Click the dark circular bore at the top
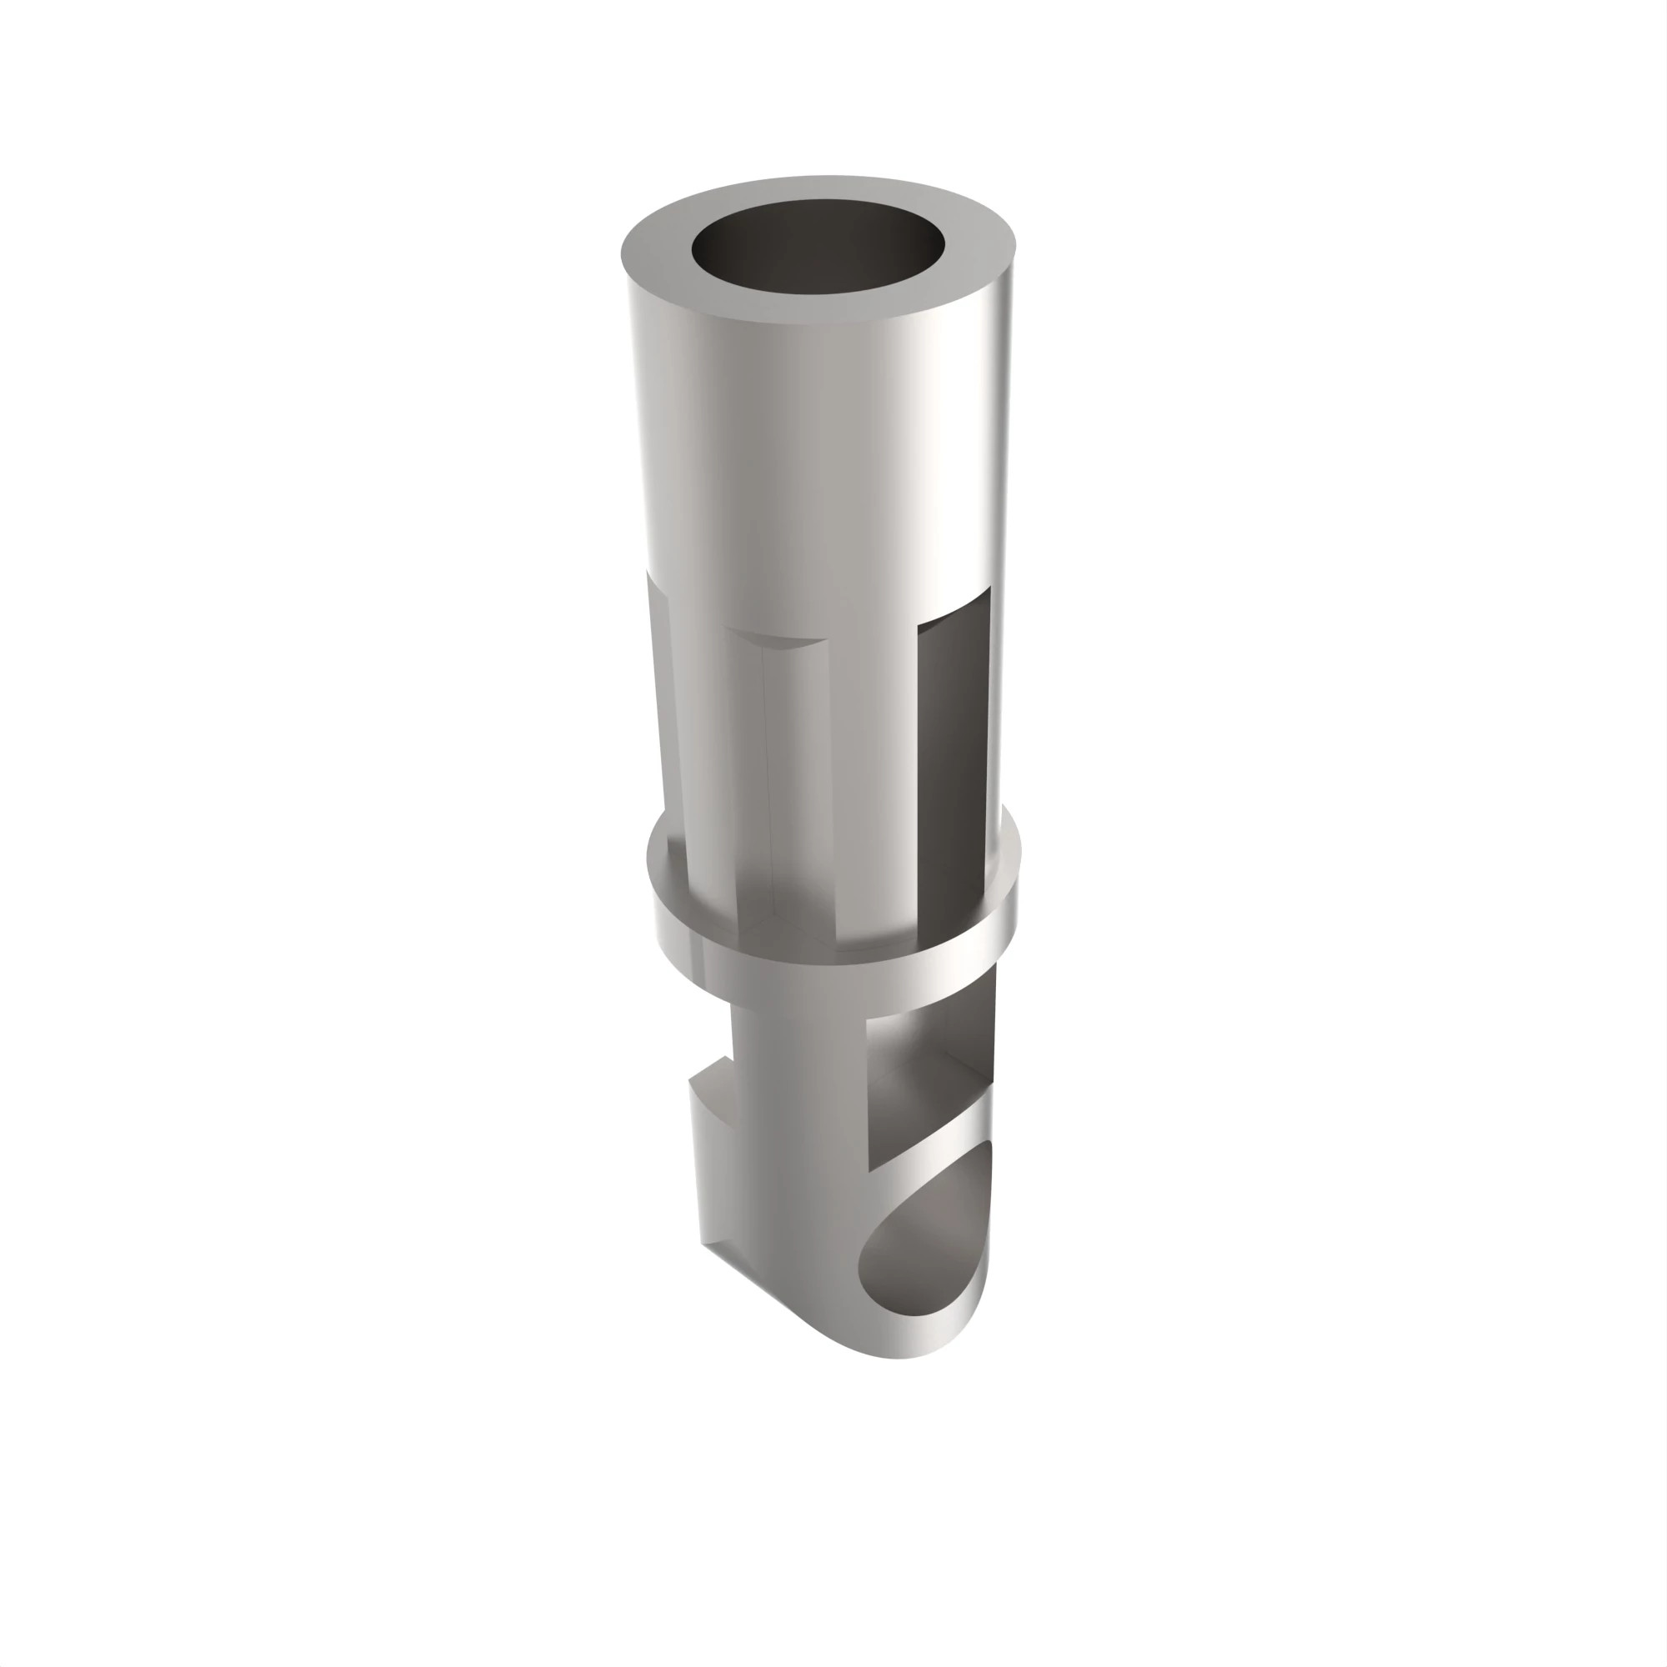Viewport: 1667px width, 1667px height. (818, 250)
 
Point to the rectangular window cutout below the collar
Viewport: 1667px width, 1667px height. (928, 1087)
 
